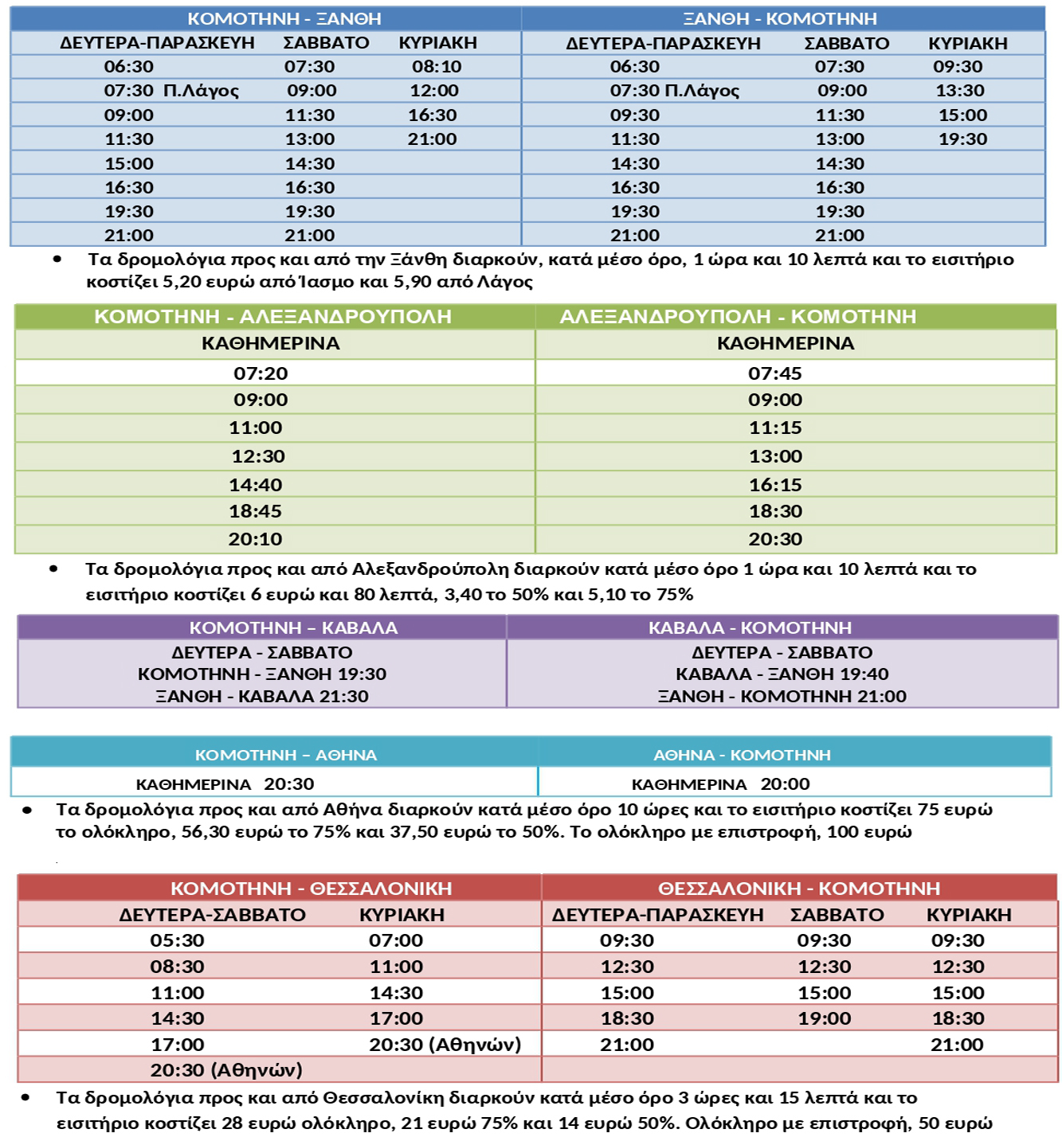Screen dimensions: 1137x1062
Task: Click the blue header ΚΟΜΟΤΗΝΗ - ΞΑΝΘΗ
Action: click(x=284, y=18)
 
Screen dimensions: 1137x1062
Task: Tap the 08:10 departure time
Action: click(x=437, y=67)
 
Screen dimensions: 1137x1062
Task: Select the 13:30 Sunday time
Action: click(x=960, y=91)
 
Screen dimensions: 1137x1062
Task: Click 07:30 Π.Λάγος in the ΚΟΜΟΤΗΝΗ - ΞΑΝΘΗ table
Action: click(x=171, y=91)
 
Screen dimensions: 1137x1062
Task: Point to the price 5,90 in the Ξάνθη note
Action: click(x=410, y=282)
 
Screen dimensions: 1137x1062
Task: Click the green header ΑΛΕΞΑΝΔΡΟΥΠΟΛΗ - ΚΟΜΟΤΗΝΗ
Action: click(x=738, y=317)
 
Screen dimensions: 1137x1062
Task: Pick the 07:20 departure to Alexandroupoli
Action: click(x=261, y=373)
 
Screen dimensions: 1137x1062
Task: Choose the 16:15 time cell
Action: click(x=775, y=485)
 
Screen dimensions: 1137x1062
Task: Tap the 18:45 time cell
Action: click(x=255, y=511)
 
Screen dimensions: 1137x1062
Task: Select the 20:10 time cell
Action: click(x=255, y=539)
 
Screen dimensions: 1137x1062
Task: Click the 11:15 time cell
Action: click(x=775, y=428)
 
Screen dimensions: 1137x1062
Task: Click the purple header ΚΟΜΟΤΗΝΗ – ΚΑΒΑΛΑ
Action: click(x=293, y=627)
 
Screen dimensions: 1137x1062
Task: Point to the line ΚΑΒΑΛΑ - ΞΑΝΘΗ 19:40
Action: click(x=782, y=674)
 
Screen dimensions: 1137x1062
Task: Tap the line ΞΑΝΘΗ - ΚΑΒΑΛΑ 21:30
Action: click(x=262, y=696)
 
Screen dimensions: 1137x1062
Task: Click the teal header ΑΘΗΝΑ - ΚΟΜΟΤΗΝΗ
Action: click(x=742, y=755)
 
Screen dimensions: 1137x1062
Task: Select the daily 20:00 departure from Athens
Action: click(x=785, y=784)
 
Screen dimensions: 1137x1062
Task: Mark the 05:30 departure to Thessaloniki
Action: click(x=177, y=940)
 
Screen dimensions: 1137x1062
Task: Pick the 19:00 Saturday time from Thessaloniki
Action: click(x=825, y=1018)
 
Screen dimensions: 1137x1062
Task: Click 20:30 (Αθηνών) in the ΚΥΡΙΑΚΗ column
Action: click(x=445, y=1045)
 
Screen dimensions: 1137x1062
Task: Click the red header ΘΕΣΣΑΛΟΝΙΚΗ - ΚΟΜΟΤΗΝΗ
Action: click(x=799, y=889)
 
